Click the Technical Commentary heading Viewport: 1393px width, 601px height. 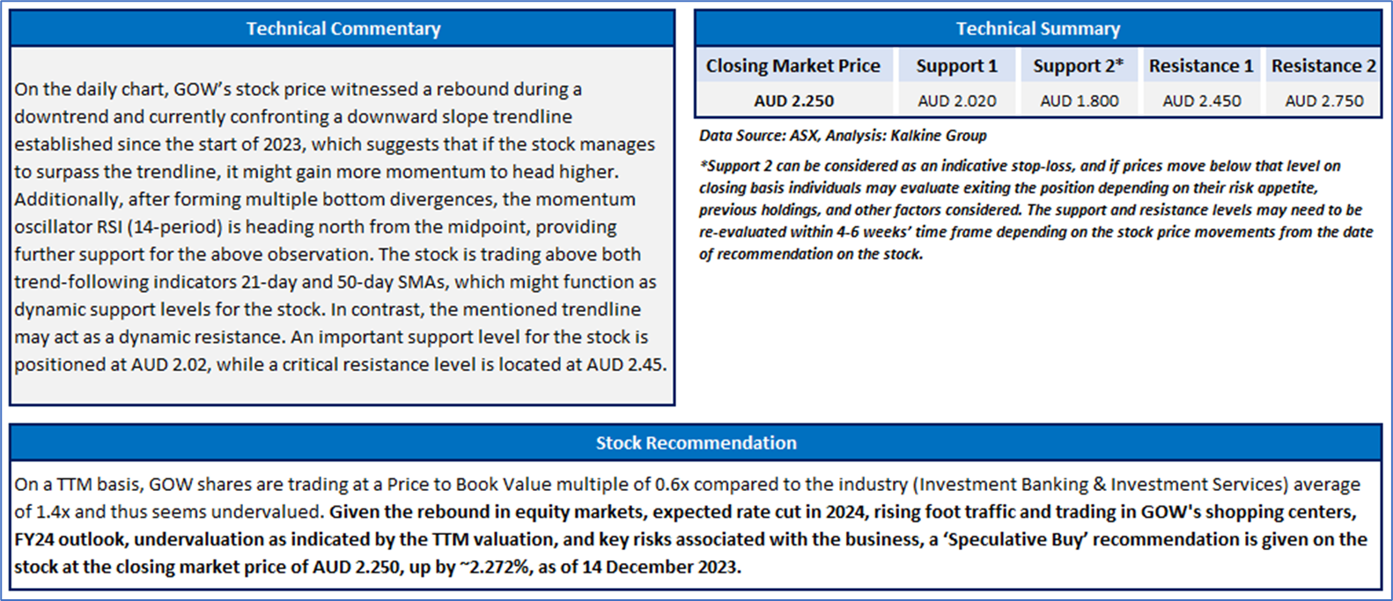[x=343, y=28]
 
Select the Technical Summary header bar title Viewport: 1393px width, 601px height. [x=1038, y=29]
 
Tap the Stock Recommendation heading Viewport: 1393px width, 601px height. [x=696, y=442]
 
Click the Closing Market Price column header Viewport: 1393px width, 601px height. [x=792, y=66]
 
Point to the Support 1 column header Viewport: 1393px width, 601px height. [x=956, y=66]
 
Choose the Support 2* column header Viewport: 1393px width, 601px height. [x=1078, y=66]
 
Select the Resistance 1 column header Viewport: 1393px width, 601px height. [x=1201, y=66]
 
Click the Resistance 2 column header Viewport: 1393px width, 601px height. [x=1323, y=66]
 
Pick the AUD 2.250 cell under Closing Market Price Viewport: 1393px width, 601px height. [x=793, y=100]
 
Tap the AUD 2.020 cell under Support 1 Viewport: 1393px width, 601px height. [x=956, y=100]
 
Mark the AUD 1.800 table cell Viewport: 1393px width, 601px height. [x=1079, y=100]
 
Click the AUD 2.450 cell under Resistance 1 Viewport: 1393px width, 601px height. [x=1201, y=100]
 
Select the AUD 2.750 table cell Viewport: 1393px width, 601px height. [x=1323, y=100]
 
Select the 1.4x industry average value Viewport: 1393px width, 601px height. [x=52, y=511]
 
